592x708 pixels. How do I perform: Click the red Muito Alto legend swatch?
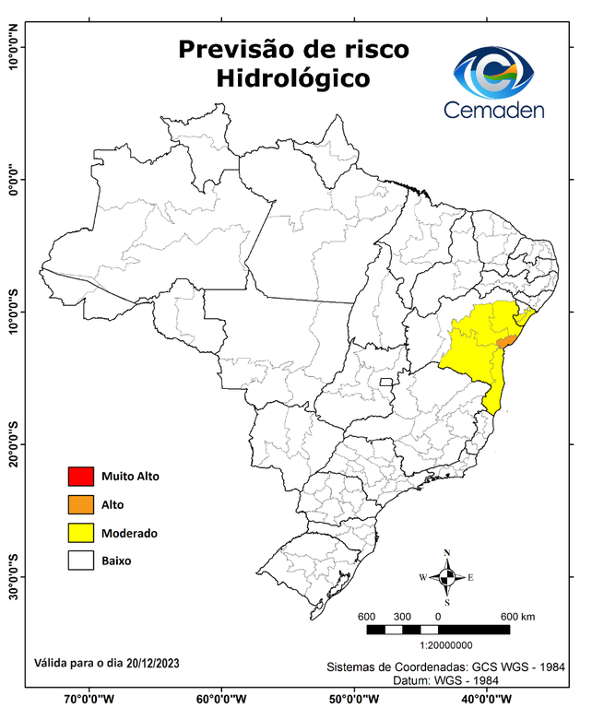[80, 477]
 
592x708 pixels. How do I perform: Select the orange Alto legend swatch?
[80, 504]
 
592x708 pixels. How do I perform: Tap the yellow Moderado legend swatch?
[80, 533]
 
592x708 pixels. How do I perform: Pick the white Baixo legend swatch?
[80, 560]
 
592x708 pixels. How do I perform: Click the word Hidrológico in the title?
[293, 79]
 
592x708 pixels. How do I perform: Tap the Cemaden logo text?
[493, 110]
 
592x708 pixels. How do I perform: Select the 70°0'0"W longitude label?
[89, 699]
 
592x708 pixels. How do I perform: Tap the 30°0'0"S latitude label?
[13, 576]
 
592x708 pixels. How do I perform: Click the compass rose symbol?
[446, 578]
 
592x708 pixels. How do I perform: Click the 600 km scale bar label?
[517, 616]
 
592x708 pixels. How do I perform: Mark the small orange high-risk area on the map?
[504, 341]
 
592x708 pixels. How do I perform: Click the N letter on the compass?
[447, 553]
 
